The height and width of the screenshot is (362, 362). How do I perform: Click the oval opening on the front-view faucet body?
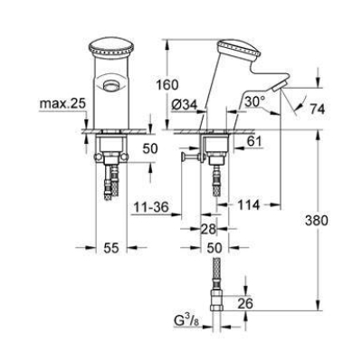(x=110, y=84)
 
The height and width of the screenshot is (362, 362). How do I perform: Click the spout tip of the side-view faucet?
(x=281, y=87)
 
